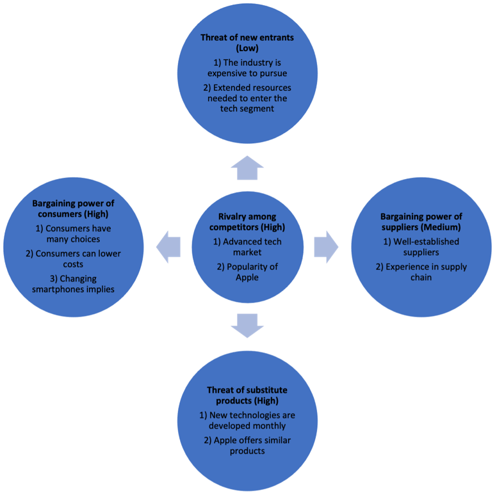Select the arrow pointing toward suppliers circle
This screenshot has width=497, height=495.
(325, 247)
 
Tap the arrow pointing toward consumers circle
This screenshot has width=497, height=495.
(168, 247)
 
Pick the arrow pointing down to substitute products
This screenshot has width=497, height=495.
(247, 325)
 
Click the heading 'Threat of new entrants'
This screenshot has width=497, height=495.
(247, 38)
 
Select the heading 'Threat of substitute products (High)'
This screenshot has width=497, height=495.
(247, 395)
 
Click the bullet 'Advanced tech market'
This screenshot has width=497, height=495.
(247, 247)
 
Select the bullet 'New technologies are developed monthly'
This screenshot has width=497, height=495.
(247, 421)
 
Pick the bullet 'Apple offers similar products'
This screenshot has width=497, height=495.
(247, 446)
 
